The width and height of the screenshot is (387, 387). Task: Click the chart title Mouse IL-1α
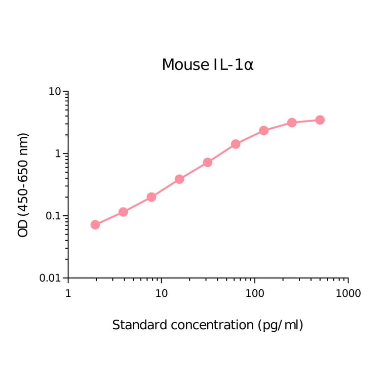pyautogui.click(x=207, y=65)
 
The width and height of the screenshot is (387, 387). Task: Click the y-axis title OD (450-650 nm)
pyautogui.click(x=23, y=185)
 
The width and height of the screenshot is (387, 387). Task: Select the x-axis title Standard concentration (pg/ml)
pyautogui.click(x=208, y=325)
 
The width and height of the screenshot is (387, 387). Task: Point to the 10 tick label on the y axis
pyautogui.click(x=55, y=92)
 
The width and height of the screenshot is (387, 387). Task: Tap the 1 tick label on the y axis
pyautogui.click(x=58, y=154)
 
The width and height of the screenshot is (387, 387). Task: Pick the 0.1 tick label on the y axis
pyautogui.click(x=53, y=216)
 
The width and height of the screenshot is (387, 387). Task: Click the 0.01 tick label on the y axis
pyautogui.click(x=50, y=278)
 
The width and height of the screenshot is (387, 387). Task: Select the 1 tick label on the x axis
pyautogui.click(x=68, y=293)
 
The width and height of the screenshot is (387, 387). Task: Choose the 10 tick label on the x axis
pyautogui.click(x=161, y=293)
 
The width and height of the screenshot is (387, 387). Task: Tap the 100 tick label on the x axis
pyautogui.click(x=255, y=293)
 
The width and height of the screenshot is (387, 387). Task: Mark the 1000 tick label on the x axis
pyautogui.click(x=348, y=293)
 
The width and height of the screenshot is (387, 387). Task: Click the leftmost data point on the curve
pyautogui.click(x=95, y=224)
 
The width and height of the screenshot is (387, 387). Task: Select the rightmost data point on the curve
pyautogui.click(x=320, y=120)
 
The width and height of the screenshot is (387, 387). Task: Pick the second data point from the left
pyautogui.click(x=123, y=212)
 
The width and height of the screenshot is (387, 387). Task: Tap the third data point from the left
pyautogui.click(x=151, y=197)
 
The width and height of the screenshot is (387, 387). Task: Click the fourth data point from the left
pyautogui.click(x=179, y=179)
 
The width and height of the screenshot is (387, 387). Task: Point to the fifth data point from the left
pyautogui.click(x=208, y=162)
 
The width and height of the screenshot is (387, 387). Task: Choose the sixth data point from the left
pyautogui.click(x=236, y=144)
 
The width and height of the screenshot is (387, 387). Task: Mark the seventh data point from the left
pyautogui.click(x=264, y=131)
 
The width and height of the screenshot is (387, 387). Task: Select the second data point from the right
pyautogui.click(x=292, y=123)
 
